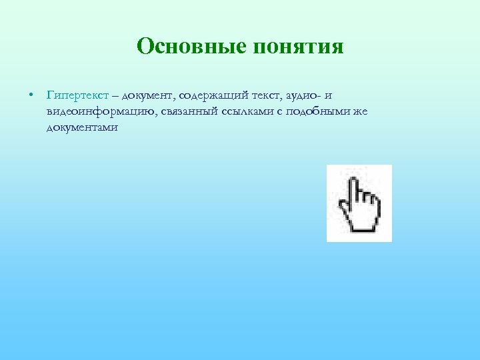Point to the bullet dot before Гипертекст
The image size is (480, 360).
pyautogui.click(x=31, y=96)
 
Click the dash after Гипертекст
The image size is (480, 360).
pyautogui.click(x=117, y=97)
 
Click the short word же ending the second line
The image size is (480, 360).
pyautogui.click(x=359, y=111)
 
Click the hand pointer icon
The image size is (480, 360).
pyautogui.click(x=359, y=203)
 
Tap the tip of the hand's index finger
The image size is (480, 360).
pyautogui.click(x=353, y=176)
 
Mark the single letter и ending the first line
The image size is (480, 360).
pyautogui.click(x=328, y=97)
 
